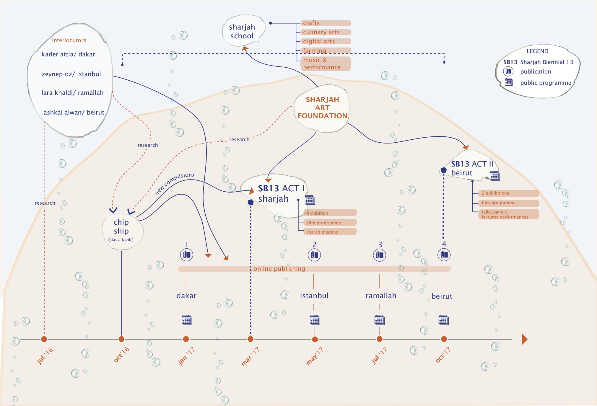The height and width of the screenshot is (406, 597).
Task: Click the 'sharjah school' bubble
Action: tap(243, 31)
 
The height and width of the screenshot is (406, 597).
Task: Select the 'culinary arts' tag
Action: tap(326, 32)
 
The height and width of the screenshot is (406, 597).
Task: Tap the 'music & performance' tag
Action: tap(326, 63)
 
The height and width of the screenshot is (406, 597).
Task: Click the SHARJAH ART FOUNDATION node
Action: tap(322, 108)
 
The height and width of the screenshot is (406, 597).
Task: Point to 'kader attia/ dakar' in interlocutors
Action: tap(68, 54)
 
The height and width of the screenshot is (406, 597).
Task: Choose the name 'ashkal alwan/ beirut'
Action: tap(74, 112)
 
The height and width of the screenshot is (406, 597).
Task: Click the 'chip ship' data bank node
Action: tap(122, 231)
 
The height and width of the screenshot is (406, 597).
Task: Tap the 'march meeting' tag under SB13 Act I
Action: tap(330, 232)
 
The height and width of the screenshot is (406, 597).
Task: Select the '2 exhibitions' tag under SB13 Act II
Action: tap(508, 193)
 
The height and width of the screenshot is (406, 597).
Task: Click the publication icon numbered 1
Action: tap(187, 255)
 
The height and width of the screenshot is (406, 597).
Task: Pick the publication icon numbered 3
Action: tap(380, 255)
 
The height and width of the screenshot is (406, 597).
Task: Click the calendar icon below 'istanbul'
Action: tap(315, 320)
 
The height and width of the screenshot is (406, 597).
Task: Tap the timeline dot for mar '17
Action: tap(250, 339)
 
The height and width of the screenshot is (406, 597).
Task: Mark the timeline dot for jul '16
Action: tap(44, 339)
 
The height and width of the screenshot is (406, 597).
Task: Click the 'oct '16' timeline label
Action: tap(122, 354)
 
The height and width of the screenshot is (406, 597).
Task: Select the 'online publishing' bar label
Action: tap(279, 269)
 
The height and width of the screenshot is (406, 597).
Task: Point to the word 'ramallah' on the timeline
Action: tap(381, 296)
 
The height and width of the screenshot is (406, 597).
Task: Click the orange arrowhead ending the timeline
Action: tap(524, 339)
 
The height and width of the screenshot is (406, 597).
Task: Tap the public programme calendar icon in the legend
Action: tap(509, 82)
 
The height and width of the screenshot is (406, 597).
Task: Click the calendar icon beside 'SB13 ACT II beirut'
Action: tap(494, 176)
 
